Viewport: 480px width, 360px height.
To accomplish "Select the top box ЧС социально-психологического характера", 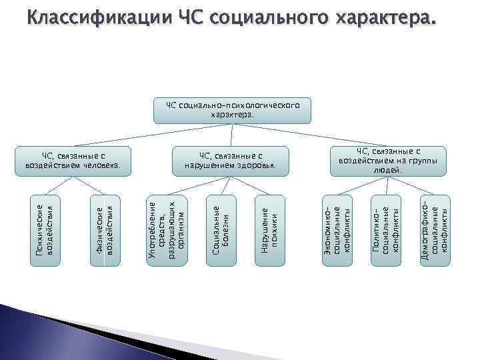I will click(232, 110).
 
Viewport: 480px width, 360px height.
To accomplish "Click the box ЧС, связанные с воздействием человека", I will click(72, 161).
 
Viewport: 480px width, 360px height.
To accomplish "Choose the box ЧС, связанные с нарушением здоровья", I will click(232, 161).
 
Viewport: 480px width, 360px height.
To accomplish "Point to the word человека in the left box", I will click(101, 165).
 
